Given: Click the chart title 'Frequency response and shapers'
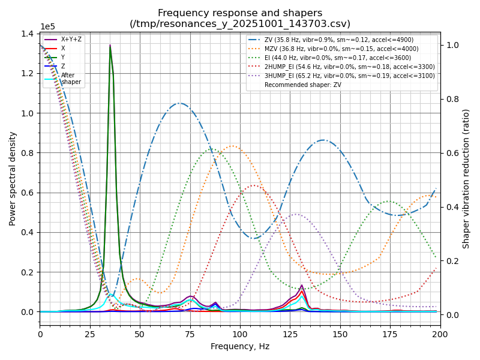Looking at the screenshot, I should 240,13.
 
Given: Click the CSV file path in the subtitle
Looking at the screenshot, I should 240,24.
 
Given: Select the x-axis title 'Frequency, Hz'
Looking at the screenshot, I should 240,346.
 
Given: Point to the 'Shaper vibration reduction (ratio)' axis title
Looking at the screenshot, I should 466,178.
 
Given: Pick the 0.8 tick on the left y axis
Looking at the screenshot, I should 28,153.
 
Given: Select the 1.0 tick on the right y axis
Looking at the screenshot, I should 451,45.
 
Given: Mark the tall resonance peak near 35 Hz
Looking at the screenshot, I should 110,46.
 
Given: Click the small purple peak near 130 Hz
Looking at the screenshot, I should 302,286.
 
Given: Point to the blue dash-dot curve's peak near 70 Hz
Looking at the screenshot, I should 179,103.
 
